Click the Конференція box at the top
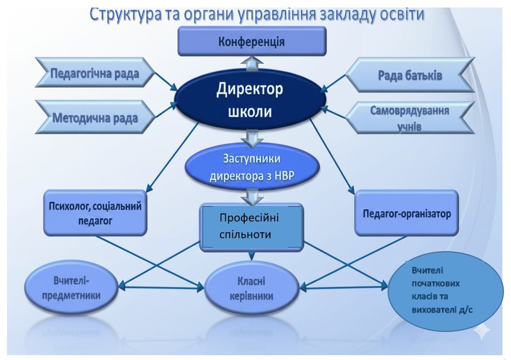(252, 41)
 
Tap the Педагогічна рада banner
(95, 74)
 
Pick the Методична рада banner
(95, 117)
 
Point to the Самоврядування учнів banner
(410, 118)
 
